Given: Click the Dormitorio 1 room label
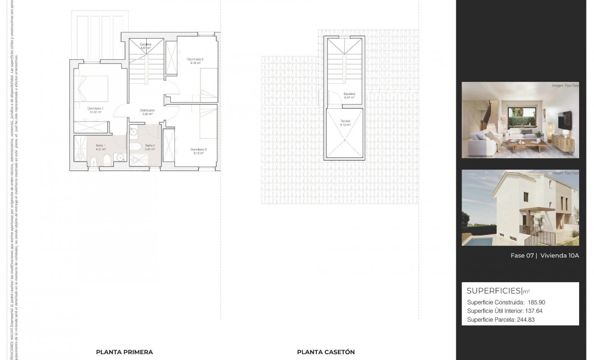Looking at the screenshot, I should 95,109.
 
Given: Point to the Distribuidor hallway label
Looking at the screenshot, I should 148,110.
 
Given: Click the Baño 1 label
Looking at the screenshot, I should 101,146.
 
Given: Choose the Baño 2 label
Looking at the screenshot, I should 150,146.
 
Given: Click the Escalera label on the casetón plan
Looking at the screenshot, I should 350,94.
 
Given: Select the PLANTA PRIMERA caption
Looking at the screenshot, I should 125,352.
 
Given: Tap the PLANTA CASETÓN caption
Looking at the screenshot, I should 326,352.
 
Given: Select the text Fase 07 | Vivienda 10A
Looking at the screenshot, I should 544,256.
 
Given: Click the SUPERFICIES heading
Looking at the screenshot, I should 493,291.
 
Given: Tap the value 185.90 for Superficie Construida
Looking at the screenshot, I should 536,302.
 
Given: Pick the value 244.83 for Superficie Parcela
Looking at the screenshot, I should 526,320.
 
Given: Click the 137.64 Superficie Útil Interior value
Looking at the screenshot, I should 536,311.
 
